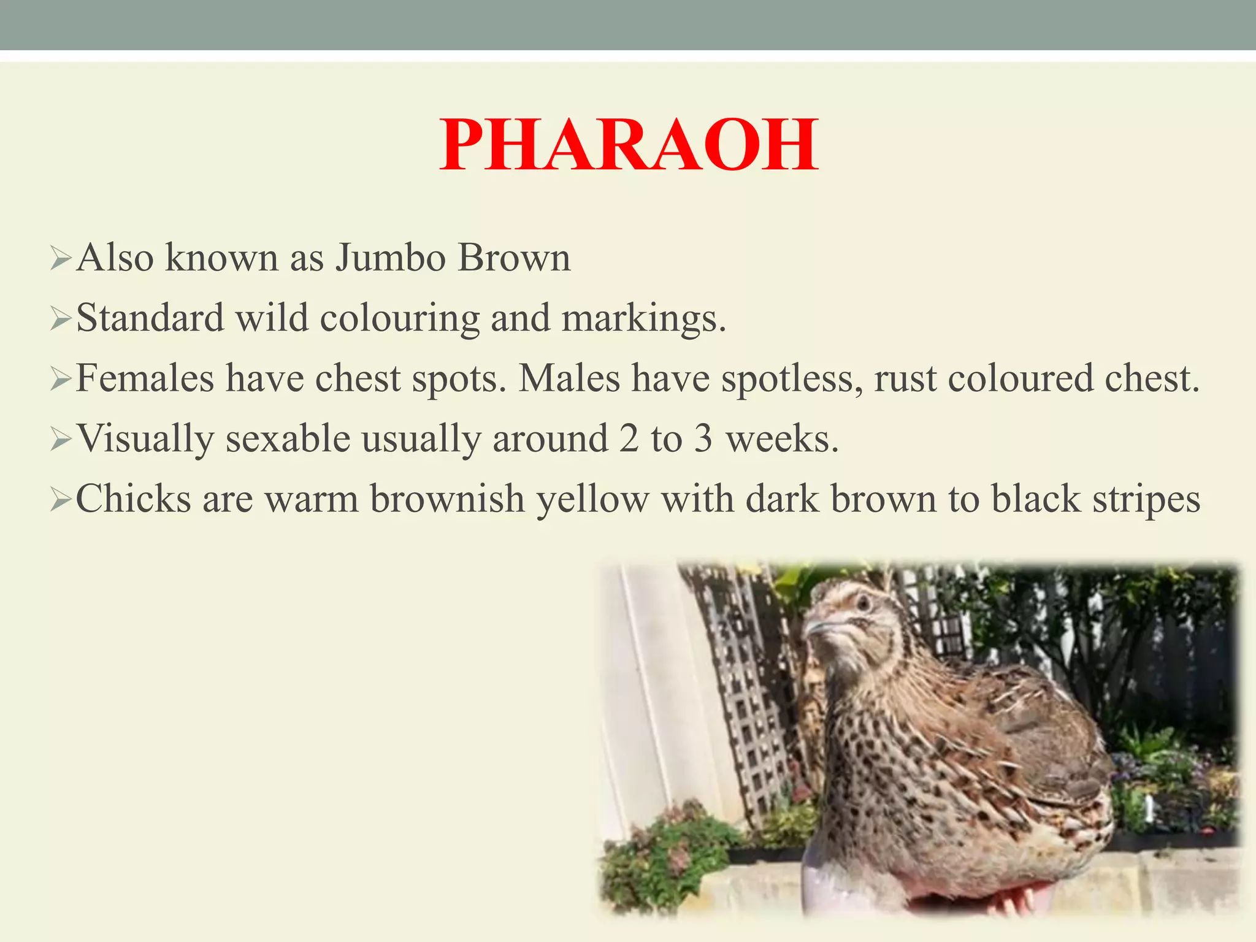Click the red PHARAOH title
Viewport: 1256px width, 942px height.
click(x=629, y=146)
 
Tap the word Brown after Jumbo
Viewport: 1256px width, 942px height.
click(x=514, y=258)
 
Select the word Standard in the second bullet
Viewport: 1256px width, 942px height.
click(x=150, y=318)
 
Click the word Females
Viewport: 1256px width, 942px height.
click(x=145, y=378)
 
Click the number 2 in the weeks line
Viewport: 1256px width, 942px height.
click(x=629, y=439)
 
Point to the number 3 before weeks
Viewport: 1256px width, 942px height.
click(x=703, y=439)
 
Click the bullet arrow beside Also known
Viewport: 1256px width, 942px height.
click(x=61, y=258)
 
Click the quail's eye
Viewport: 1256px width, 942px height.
click(x=863, y=603)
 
